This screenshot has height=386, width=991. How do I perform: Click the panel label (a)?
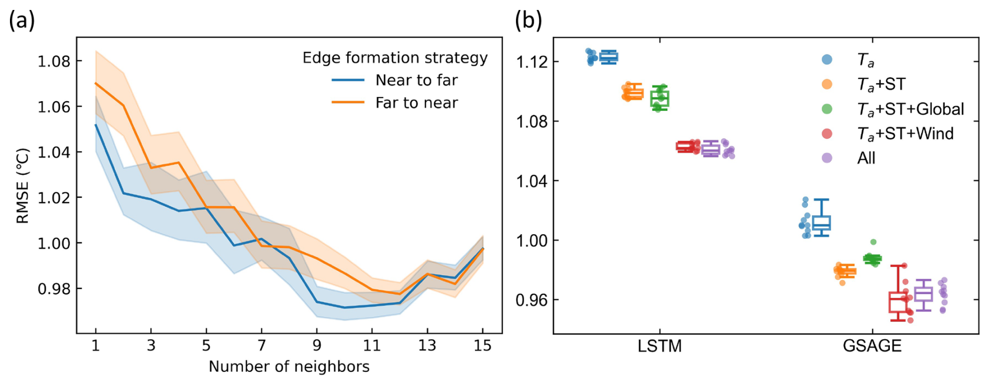point(22,21)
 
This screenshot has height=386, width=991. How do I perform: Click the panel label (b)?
point(528,21)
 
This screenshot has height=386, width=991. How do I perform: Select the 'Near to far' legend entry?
point(416,80)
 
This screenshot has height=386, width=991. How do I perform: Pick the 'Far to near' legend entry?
point(416,103)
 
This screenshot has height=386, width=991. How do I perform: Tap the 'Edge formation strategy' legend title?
point(395,58)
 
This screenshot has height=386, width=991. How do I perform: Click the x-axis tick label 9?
point(317,346)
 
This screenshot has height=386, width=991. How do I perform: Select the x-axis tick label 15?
point(482,346)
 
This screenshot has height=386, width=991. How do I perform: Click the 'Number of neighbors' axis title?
point(289,367)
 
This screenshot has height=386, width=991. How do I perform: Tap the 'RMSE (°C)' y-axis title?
point(23,186)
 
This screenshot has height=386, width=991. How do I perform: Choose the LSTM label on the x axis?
point(659,346)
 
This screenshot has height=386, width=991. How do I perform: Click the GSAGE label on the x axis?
point(872,346)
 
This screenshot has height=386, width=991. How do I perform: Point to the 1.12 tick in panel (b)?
point(532,62)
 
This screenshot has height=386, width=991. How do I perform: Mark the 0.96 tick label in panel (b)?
point(532,300)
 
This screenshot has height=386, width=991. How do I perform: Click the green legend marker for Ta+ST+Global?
point(827,109)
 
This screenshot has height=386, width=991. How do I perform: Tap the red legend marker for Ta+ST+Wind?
point(827,134)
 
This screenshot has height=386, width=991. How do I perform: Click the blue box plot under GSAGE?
point(821,222)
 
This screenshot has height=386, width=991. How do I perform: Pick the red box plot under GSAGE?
point(898,301)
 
